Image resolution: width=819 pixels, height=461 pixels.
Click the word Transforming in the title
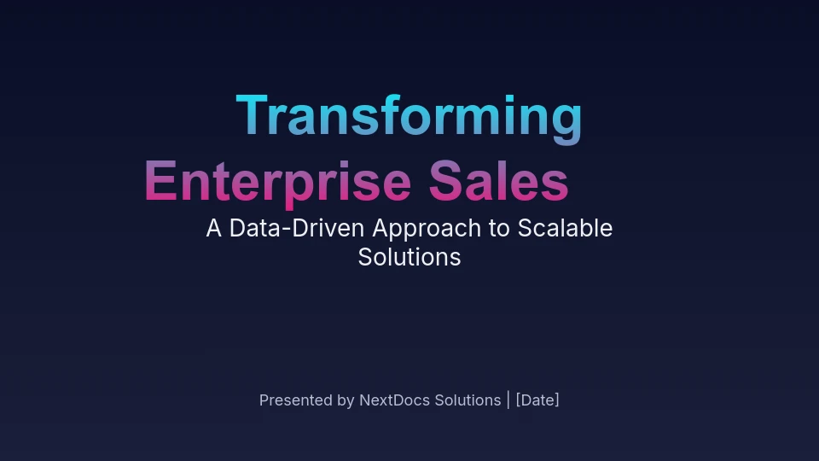coord(409,118)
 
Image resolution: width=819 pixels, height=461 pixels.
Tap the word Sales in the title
coord(499,181)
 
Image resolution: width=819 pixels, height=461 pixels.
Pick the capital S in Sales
coord(446,180)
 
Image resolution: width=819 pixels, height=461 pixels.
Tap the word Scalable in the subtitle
coord(565,229)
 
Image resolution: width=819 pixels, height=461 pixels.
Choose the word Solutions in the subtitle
coord(409,257)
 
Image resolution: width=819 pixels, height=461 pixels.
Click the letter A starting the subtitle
coord(213,229)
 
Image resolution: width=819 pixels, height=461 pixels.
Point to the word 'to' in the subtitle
coord(499,230)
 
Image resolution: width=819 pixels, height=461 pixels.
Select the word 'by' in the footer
coord(346,401)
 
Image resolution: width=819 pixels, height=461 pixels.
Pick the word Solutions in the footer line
coord(468,400)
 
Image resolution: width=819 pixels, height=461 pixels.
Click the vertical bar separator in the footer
coord(508,400)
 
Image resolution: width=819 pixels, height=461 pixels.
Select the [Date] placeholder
coord(537,400)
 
